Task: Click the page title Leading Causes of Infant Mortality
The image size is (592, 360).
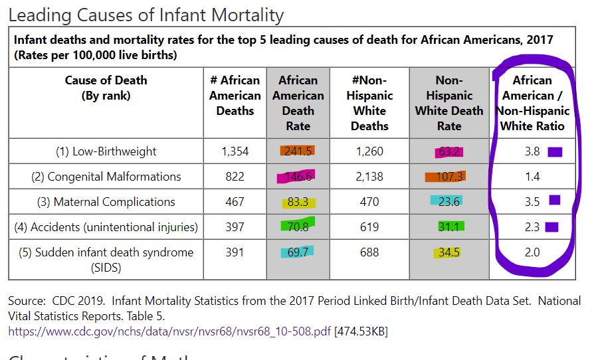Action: [146, 15]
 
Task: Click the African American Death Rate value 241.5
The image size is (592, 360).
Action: [298, 151]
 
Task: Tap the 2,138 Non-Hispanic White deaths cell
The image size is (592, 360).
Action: [369, 177]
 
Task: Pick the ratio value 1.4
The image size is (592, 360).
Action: [532, 177]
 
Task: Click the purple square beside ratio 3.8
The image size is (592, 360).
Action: [555, 152]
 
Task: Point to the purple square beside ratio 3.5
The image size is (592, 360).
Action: [554, 200]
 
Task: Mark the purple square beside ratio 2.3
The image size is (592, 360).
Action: [551, 227]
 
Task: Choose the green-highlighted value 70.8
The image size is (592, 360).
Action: [298, 226]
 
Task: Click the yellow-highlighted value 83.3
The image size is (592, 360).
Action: [298, 202]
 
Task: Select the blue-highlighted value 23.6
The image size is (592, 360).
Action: [449, 201]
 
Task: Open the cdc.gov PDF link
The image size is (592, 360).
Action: [169, 331]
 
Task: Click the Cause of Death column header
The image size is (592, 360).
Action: [106, 88]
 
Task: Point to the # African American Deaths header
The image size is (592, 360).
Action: [235, 95]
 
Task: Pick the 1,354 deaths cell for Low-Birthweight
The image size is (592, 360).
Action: [235, 151]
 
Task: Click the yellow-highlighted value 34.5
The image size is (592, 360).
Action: [449, 252]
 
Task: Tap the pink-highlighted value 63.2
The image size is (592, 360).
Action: [449, 151]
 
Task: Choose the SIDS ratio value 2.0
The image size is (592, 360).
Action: [532, 252]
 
